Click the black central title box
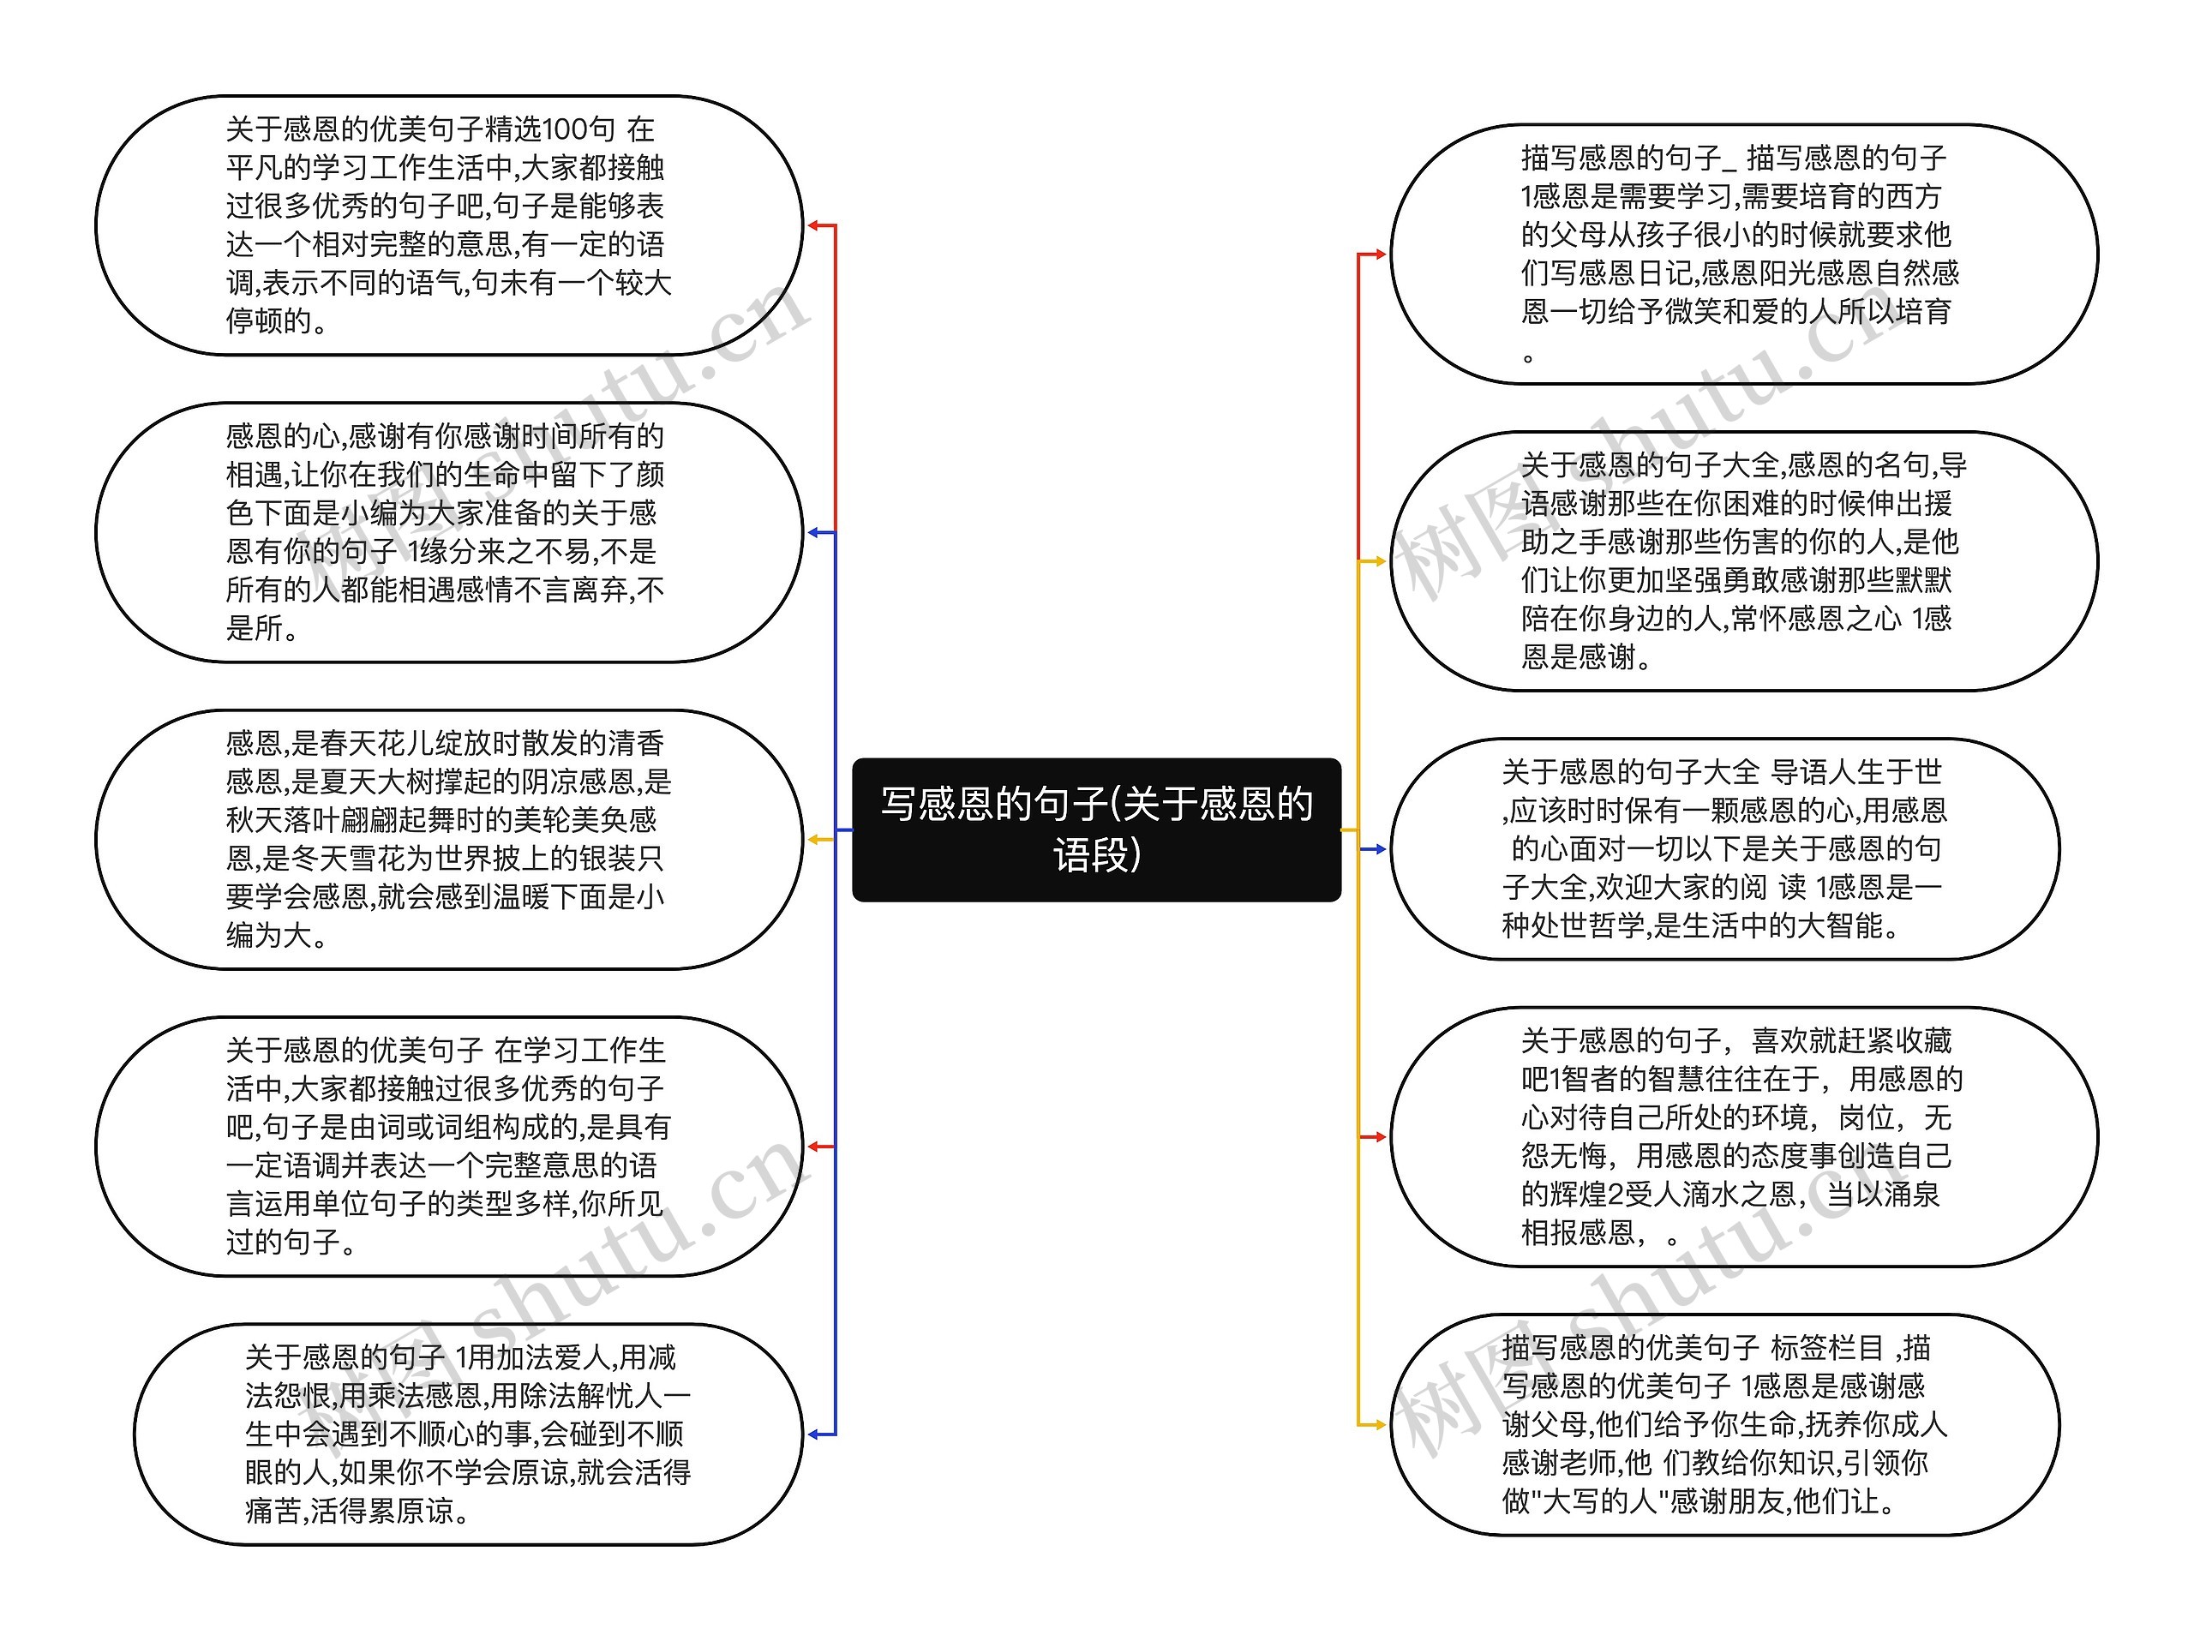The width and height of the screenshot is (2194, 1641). (1096, 829)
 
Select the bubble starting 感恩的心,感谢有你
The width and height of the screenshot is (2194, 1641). (448, 532)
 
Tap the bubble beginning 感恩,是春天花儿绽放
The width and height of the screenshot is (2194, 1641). (448, 839)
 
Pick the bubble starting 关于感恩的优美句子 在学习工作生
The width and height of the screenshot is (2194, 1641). (448, 1147)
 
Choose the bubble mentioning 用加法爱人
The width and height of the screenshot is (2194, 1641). (468, 1434)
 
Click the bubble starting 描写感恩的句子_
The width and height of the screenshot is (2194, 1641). (1742, 254)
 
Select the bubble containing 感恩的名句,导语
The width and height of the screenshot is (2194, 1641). (1742, 561)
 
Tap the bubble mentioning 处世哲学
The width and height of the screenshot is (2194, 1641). (1723, 848)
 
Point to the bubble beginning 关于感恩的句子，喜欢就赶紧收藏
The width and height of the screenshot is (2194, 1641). (1742, 1136)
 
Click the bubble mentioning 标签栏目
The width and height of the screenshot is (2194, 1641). (1723, 1425)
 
